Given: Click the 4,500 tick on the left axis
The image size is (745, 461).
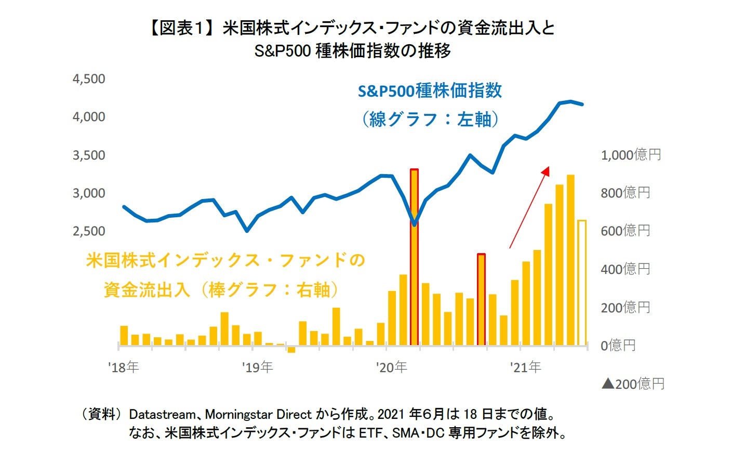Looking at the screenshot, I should pos(89,79).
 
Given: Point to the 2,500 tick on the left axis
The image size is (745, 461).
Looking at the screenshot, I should pos(89,231).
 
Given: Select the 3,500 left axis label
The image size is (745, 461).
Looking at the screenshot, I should pos(89,155).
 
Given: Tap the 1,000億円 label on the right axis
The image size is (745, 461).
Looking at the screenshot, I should pos(630,155).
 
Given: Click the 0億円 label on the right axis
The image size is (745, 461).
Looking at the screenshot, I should pos(618,346).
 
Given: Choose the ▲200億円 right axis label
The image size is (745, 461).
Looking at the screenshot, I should pos(633,384).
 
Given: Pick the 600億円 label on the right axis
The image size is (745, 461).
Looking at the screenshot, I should pos(625,231).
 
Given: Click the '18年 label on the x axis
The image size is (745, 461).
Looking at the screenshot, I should pos(124,367).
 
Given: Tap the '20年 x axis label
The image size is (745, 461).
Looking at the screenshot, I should pos(392,367).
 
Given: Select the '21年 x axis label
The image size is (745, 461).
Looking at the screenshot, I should pos(526,367).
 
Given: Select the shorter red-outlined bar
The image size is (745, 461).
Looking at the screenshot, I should pos(481,299).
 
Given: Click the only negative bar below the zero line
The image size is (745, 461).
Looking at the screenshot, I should pos(291,349).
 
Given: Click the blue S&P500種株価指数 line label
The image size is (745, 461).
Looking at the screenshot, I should pos(430,91).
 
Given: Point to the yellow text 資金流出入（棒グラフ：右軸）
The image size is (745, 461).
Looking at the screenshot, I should pos(221,289).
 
